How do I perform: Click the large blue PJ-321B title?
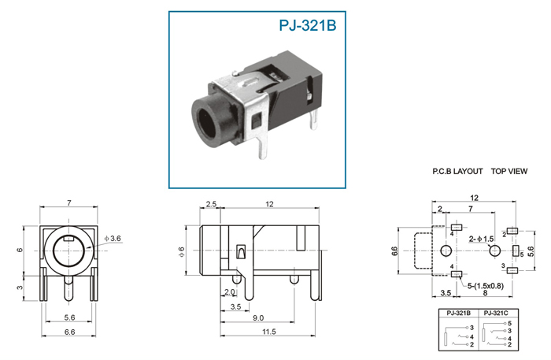pyautogui.click(x=308, y=25)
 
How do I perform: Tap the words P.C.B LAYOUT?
pyautogui.click(x=457, y=171)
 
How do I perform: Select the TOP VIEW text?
pyautogui.click(x=509, y=171)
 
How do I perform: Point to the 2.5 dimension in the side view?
pyautogui.click(x=211, y=204)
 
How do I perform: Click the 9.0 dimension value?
pyautogui.click(x=258, y=317)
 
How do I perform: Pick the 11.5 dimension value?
pyautogui.click(x=269, y=332)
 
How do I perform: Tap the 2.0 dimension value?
pyautogui.click(x=230, y=292)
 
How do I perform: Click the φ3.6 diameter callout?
pyautogui.click(x=113, y=239)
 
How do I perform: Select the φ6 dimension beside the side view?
pyautogui.click(x=181, y=252)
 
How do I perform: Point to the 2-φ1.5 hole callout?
pyautogui.click(x=482, y=239)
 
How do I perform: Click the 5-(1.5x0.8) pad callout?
pyautogui.click(x=486, y=286)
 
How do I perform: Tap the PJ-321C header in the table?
pyautogui.click(x=496, y=314)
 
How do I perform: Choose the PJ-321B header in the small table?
pyautogui.click(x=459, y=314)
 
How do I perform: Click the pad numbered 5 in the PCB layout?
pyautogui.click(x=516, y=251)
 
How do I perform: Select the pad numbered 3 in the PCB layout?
pyautogui.click(x=512, y=270)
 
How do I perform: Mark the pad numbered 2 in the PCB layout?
pyautogui.click(x=512, y=231)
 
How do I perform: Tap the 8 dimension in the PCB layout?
pyautogui.click(x=486, y=293)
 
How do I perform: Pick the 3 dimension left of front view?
pyautogui.click(x=20, y=288)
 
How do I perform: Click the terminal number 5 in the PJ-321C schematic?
pyautogui.click(x=509, y=324)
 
